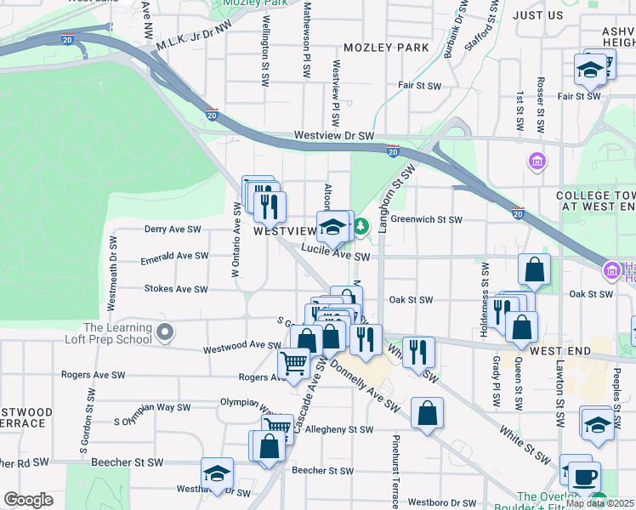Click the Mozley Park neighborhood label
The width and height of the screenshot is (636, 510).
point(386,48)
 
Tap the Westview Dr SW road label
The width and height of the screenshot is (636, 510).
point(334,136)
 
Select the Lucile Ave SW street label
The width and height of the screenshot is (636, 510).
point(338,256)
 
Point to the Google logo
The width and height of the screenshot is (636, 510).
point(27,500)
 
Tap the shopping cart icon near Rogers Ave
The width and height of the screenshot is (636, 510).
point(293,364)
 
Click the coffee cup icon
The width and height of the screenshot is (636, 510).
point(584,476)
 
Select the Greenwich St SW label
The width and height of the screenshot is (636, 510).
point(427,219)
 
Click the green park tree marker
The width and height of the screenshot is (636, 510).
point(361,226)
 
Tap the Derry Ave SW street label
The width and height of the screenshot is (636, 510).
point(173,229)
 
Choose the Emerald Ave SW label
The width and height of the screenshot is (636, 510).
point(174,256)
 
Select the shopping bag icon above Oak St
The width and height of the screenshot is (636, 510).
point(534,269)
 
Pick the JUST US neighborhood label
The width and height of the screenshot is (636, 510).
point(539,15)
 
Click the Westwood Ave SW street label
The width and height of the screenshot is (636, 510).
point(241,347)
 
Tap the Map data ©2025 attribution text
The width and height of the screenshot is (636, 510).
point(599,503)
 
